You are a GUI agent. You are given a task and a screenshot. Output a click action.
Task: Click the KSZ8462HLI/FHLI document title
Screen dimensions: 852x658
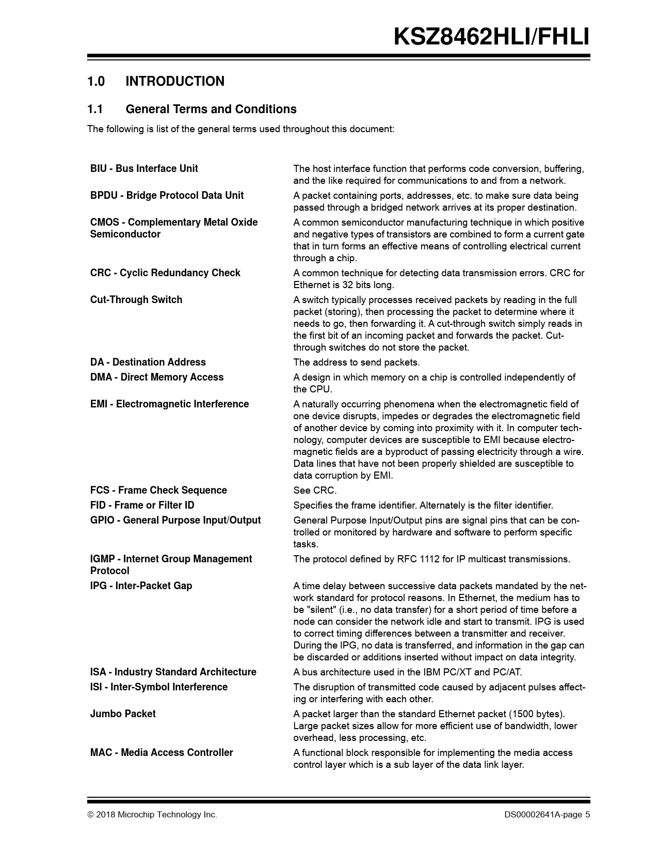[x=491, y=37]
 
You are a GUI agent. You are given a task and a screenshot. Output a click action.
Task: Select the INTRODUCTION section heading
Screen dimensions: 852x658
[x=174, y=82]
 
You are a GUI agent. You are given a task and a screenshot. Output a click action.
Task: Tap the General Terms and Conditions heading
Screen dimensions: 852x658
[x=211, y=109]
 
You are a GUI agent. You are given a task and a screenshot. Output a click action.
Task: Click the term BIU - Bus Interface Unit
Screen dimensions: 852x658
[x=144, y=169]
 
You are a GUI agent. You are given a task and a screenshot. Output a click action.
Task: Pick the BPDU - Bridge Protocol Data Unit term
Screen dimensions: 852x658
[x=167, y=196]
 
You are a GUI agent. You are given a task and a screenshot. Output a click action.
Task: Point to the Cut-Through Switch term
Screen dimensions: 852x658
[x=136, y=300]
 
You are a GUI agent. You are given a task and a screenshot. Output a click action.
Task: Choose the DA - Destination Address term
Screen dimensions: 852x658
[x=148, y=362]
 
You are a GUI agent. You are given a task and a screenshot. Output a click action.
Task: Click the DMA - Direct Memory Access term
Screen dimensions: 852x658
[x=157, y=377]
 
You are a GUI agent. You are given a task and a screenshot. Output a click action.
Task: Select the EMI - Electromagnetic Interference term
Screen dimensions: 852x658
[x=169, y=404]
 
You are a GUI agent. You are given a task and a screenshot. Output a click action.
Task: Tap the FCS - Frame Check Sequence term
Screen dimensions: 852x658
[x=158, y=491]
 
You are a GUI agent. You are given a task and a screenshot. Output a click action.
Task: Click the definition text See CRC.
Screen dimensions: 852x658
[x=315, y=491]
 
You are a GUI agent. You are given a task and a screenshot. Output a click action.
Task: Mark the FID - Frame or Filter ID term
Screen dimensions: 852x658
[x=142, y=506]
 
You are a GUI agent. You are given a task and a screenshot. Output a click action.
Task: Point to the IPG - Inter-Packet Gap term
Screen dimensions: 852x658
[x=141, y=586]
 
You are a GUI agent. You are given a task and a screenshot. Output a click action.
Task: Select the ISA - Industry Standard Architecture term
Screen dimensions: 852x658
[x=173, y=672]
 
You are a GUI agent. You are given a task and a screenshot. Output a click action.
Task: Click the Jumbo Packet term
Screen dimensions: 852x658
[x=123, y=714]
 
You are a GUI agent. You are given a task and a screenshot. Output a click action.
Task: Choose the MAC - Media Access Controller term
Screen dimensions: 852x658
[x=162, y=753]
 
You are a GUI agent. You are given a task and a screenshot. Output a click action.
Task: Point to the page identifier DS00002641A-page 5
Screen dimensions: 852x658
[x=547, y=815]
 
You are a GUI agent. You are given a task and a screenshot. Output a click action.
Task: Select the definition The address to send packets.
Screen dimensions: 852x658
[x=356, y=362]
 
